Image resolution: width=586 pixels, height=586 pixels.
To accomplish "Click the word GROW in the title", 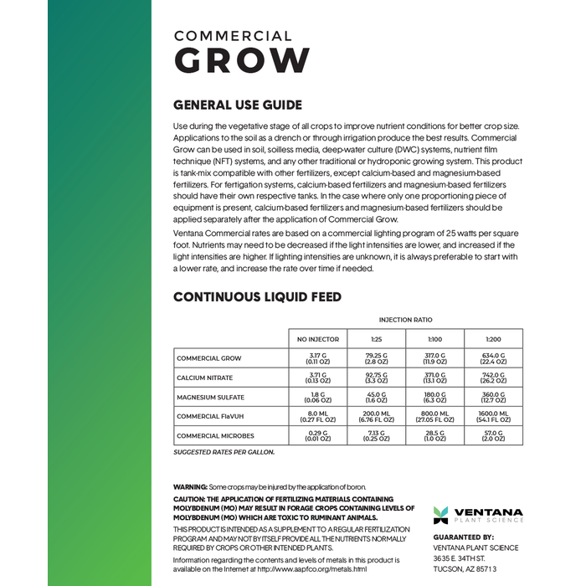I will pyautogui.click(x=241, y=61).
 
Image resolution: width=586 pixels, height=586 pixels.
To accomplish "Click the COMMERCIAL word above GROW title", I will pyautogui.click(x=233, y=36).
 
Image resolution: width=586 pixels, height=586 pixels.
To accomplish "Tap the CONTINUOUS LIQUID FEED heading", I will pyautogui.click(x=257, y=297).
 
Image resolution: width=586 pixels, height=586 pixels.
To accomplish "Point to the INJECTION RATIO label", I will pyautogui.click(x=405, y=320).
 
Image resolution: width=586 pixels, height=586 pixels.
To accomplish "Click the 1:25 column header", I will pyautogui.click(x=376, y=339).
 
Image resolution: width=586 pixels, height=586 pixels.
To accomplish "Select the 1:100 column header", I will pyautogui.click(x=434, y=339).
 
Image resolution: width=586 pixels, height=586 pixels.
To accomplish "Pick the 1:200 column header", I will pyautogui.click(x=493, y=339).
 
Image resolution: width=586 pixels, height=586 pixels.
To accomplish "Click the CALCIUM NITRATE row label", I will pyautogui.click(x=205, y=378).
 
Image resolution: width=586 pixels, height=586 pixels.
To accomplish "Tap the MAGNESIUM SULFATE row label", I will pyautogui.click(x=210, y=397).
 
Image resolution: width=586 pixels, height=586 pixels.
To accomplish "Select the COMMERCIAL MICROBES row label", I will pyautogui.click(x=215, y=435).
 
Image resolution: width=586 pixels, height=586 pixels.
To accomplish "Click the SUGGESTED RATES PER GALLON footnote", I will pyautogui.click(x=224, y=452).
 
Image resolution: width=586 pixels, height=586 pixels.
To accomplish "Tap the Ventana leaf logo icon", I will pyautogui.click(x=440, y=515).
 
